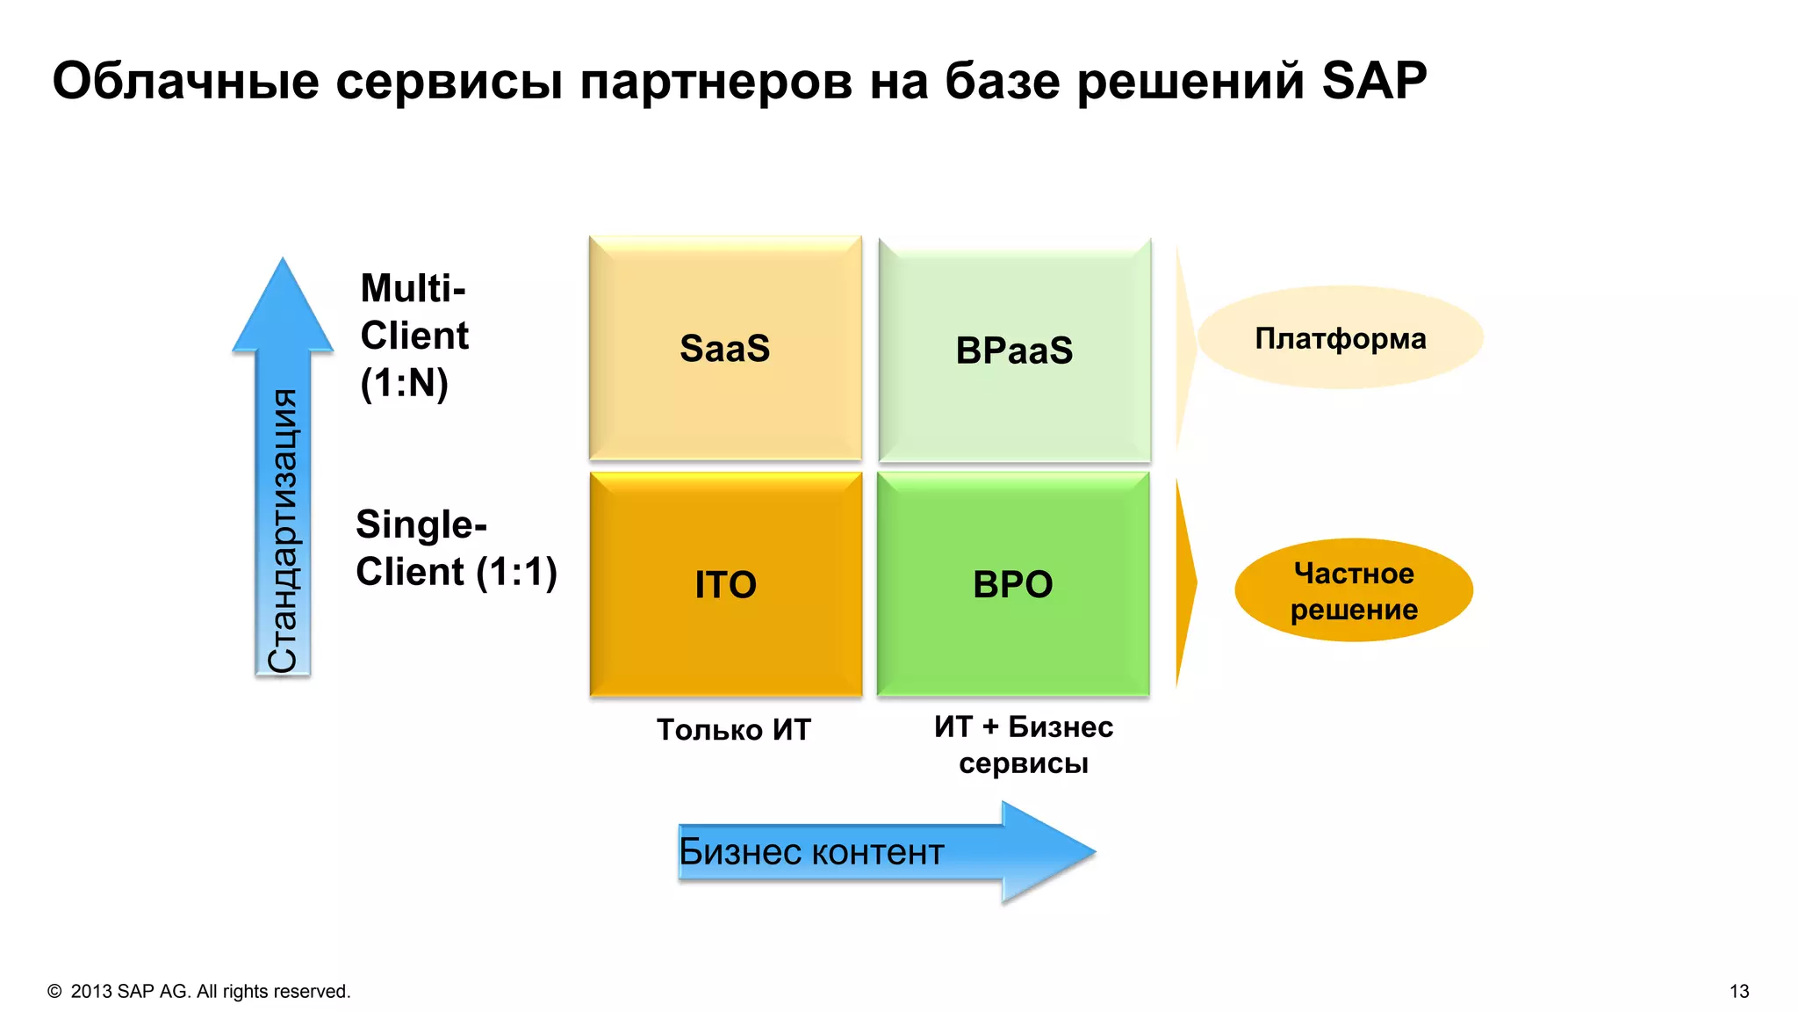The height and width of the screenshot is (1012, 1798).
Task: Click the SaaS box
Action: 725,348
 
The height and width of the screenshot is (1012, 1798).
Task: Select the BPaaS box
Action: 1014,350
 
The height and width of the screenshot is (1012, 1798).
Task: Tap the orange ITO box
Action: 725,584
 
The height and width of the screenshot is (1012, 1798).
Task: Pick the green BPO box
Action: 1013,584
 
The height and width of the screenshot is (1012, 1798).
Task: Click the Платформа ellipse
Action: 1340,338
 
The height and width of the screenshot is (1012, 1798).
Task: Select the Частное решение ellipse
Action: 1353,590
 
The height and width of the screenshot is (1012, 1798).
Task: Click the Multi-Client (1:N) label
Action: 414,336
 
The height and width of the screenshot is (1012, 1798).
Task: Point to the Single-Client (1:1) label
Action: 456,548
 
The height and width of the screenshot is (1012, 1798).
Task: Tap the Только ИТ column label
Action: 734,730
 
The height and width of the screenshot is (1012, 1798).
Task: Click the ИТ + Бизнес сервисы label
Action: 1023,744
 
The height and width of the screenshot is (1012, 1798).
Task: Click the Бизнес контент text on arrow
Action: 811,852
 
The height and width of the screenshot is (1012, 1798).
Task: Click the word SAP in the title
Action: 1374,81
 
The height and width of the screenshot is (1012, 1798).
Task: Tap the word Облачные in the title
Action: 185,81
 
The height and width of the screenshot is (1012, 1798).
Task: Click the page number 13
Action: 1738,991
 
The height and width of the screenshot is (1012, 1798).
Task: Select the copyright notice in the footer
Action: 199,991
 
